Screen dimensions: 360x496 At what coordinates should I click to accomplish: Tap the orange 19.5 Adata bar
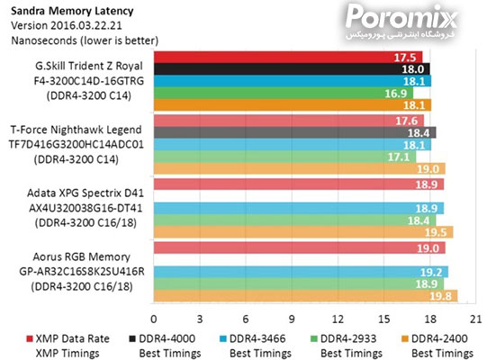[x=302, y=232]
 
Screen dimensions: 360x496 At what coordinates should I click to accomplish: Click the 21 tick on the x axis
[x=475, y=319]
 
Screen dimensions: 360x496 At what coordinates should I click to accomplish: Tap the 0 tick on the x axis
[x=154, y=319]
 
